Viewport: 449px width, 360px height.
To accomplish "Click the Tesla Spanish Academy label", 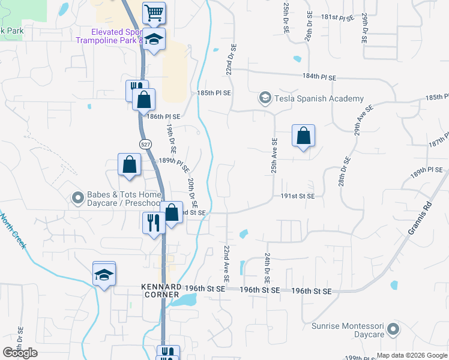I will tap(319, 98).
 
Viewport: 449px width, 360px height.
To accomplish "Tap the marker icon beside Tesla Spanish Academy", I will tap(264, 97).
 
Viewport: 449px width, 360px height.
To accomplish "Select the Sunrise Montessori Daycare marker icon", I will tap(393, 329).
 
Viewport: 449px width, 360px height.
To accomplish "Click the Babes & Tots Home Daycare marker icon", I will tap(77, 197).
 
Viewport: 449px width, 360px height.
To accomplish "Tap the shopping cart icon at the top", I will tap(154, 11).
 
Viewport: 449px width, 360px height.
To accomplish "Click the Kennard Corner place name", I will tap(161, 291).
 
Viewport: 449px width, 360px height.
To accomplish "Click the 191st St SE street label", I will tap(298, 196).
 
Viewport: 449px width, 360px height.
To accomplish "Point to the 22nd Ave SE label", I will tap(227, 264).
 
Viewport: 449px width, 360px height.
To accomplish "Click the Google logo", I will tap(20, 353).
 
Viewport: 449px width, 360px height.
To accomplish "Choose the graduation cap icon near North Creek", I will tap(104, 274).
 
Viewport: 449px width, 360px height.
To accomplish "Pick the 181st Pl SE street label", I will tap(338, 18).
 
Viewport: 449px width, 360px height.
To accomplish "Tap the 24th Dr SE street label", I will tap(266, 268).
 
